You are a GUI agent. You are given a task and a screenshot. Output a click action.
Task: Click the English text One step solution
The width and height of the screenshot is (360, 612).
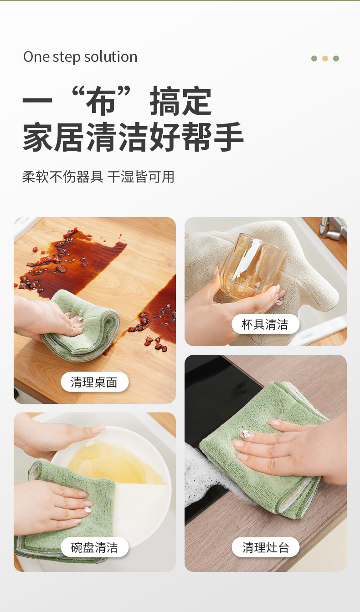[x=80, y=57]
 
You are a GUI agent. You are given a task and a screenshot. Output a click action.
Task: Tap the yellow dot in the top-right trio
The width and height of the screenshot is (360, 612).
[x=325, y=58]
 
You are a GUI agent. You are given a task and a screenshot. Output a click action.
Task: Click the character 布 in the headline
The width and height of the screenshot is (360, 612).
[x=101, y=101]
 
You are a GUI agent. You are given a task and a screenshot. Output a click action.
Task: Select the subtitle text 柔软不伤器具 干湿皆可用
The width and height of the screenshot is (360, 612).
[x=98, y=177]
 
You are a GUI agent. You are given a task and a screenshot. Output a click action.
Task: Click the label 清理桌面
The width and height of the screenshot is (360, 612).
[x=94, y=382]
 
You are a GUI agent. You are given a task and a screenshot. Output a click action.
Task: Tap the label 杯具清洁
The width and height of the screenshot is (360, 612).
[x=265, y=324]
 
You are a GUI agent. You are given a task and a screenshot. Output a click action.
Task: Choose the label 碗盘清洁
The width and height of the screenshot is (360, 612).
[x=94, y=547]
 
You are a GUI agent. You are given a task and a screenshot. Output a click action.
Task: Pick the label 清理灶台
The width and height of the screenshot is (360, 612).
[x=265, y=547]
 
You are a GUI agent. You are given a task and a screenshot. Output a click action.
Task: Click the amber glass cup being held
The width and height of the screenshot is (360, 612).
[x=253, y=266]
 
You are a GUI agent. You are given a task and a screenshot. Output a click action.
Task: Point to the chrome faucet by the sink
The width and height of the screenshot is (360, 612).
[x=332, y=229]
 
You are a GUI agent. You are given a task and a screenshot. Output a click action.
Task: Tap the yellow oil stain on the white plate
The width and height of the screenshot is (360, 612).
[x=115, y=462]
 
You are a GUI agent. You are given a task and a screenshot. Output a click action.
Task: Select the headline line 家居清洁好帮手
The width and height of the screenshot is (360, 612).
[x=133, y=137]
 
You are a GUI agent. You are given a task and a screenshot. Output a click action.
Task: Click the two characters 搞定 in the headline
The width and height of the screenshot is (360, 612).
[x=180, y=101]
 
